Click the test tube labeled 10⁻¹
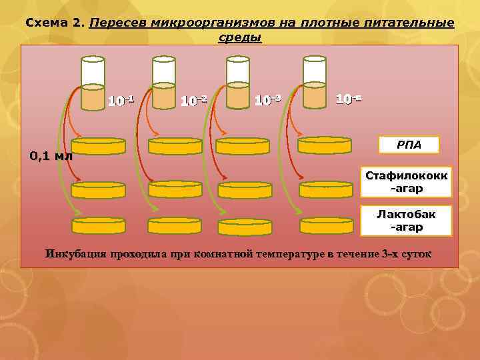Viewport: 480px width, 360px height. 93,83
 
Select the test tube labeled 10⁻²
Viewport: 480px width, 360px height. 163,83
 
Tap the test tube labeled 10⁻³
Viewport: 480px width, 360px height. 237,83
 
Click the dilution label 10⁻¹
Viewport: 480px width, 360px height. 121,101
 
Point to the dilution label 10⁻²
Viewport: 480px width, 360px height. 193,101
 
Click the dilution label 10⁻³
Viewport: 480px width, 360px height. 267,100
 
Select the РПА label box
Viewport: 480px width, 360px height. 409,145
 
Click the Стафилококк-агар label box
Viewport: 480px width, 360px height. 406,181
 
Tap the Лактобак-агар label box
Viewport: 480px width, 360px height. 406,221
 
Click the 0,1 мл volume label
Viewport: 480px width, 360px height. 51,157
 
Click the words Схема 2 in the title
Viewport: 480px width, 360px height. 55,23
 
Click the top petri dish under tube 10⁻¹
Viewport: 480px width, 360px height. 97,146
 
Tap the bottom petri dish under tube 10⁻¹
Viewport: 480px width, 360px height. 97,225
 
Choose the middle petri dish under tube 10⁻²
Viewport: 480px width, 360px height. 175,189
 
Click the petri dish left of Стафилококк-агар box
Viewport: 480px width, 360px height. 325,189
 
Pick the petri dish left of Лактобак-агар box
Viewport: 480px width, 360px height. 325,225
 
